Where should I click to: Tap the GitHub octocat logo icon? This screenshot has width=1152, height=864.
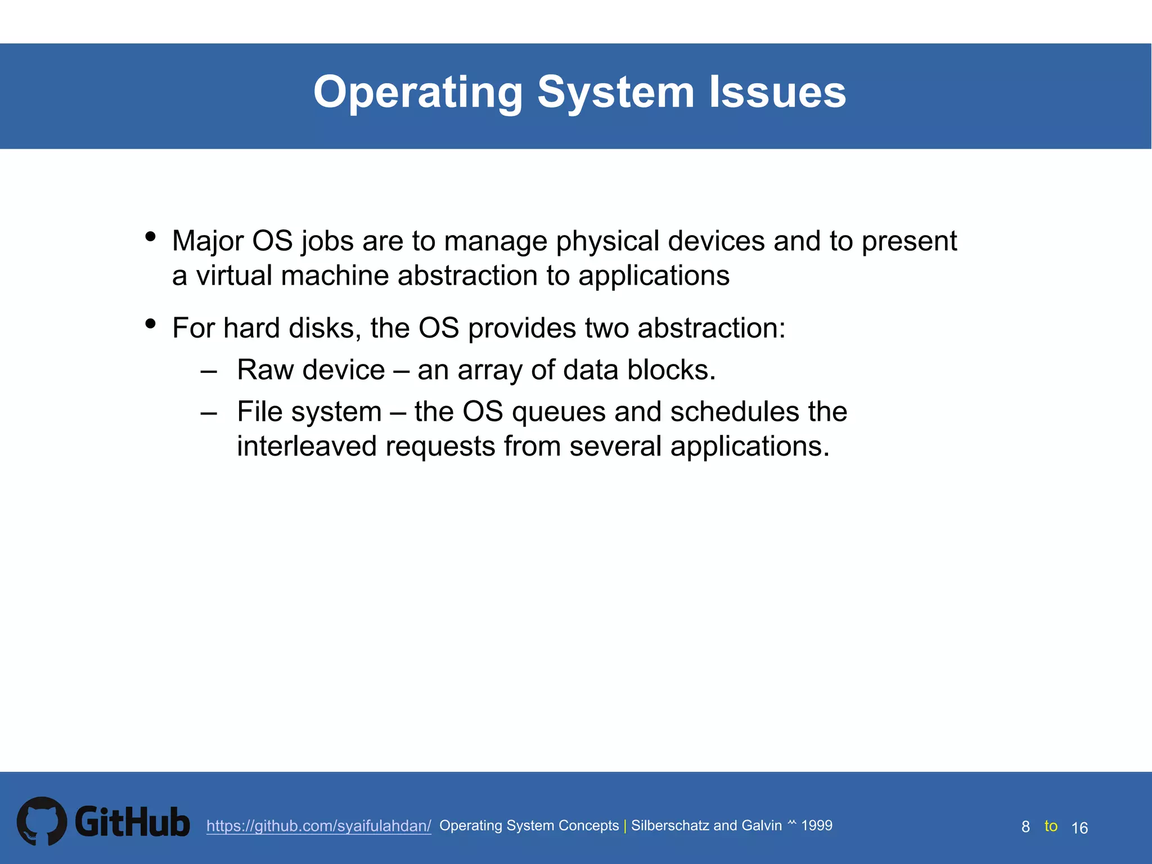[42, 821]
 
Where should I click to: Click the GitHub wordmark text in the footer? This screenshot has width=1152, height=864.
[132, 822]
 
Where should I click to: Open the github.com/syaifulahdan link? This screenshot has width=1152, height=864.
[318, 826]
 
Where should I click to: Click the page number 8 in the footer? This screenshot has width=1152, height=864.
[1025, 827]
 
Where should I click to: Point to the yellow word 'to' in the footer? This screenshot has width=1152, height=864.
[1051, 826]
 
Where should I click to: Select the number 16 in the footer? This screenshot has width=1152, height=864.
[1079, 827]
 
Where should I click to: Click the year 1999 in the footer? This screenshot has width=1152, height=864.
[817, 825]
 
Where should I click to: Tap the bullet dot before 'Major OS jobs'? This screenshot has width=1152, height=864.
[150, 236]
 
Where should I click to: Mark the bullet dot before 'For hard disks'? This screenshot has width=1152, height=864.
[150, 323]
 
